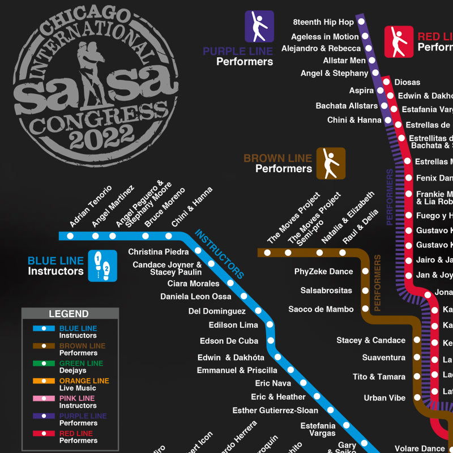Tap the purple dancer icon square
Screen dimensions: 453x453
coord(259,27)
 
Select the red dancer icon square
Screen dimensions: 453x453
coord(399,41)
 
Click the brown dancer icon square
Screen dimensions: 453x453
coord(331,163)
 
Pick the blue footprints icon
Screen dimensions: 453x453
coord(102,266)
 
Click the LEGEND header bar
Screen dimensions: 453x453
coord(69,314)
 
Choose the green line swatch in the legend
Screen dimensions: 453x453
coord(44,364)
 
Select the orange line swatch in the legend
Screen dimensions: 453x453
coord(44,381)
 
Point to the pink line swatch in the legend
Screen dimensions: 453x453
coord(44,399)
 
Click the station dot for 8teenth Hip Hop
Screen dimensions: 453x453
coord(361,23)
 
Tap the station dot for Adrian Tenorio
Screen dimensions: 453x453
coord(70,236)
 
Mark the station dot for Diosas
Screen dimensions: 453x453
coord(387,82)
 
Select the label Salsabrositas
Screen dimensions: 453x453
coord(326,290)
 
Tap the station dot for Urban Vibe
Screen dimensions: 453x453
coord(417,398)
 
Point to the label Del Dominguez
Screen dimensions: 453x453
coord(217,311)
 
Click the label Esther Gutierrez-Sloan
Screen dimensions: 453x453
coord(275,410)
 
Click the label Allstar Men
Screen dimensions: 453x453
coord(344,61)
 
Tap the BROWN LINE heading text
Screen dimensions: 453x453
coord(277,159)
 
